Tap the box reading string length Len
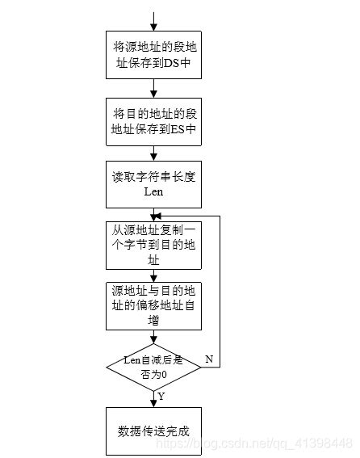tap(153, 185)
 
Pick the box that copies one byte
tap(153, 245)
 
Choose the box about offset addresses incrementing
tap(153, 305)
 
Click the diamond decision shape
tap(153, 368)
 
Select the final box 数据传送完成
tap(153, 430)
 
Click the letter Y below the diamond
tap(161, 396)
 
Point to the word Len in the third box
tap(153, 192)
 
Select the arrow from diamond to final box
tap(153, 399)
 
